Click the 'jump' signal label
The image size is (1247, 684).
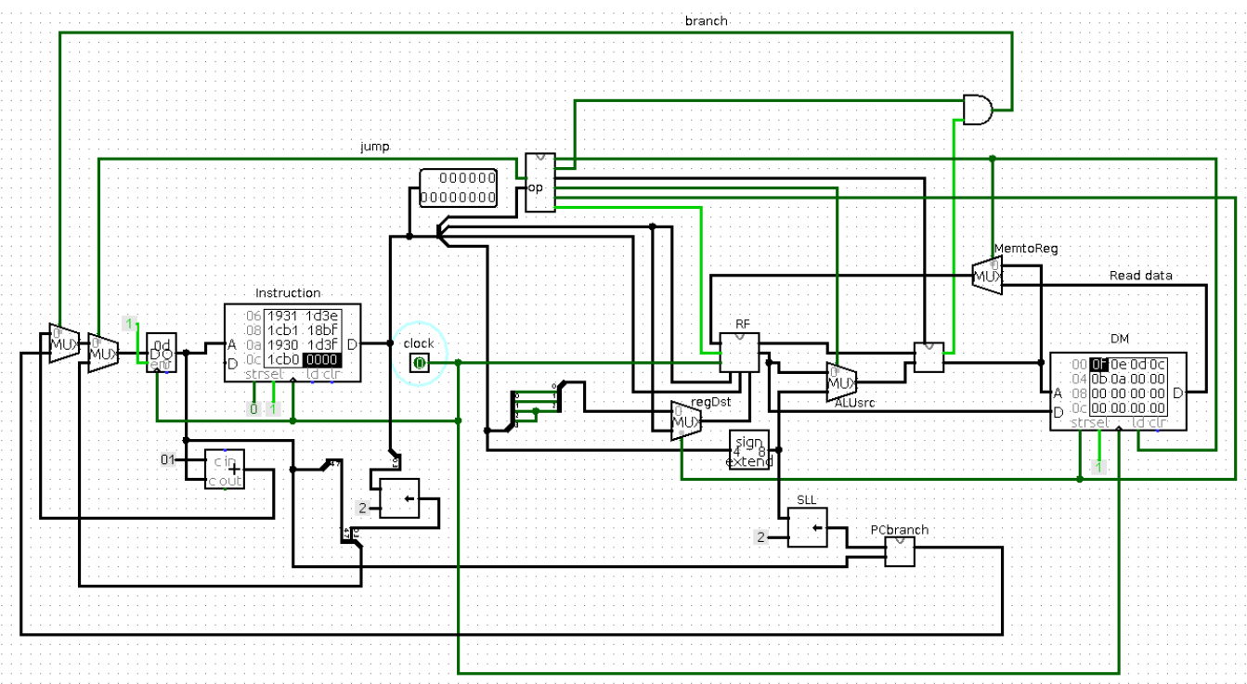tap(374, 147)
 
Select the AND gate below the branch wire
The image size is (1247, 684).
tap(976, 109)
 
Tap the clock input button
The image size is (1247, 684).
tap(419, 362)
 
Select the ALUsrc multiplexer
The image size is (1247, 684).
tap(841, 380)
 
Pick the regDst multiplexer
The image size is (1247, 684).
tap(685, 420)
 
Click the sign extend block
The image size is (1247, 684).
tap(748, 450)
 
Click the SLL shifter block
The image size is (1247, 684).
tap(808, 527)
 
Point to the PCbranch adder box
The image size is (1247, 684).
tap(899, 553)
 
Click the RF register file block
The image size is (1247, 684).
tap(740, 354)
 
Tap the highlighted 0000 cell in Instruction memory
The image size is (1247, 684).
tap(321, 360)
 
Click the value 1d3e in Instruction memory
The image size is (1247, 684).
tap(321, 316)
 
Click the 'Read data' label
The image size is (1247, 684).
tap(1140, 276)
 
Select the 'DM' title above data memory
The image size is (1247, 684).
tap(1119, 339)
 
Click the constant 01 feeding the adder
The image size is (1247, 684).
tap(167, 459)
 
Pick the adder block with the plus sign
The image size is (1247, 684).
tap(225, 470)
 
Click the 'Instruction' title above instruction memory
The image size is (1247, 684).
tap(288, 293)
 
